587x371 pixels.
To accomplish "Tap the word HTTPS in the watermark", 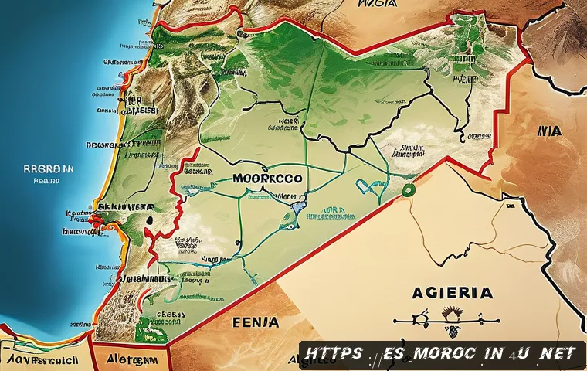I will [334, 353].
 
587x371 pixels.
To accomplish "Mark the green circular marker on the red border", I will [409, 190].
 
